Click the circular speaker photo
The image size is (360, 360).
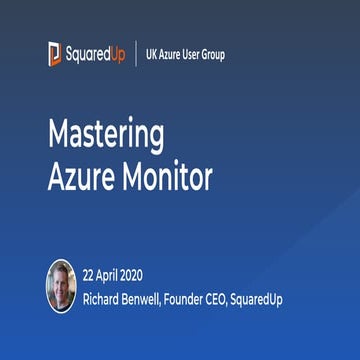(x=61, y=285)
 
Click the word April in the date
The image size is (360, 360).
(x=116, y=274)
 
